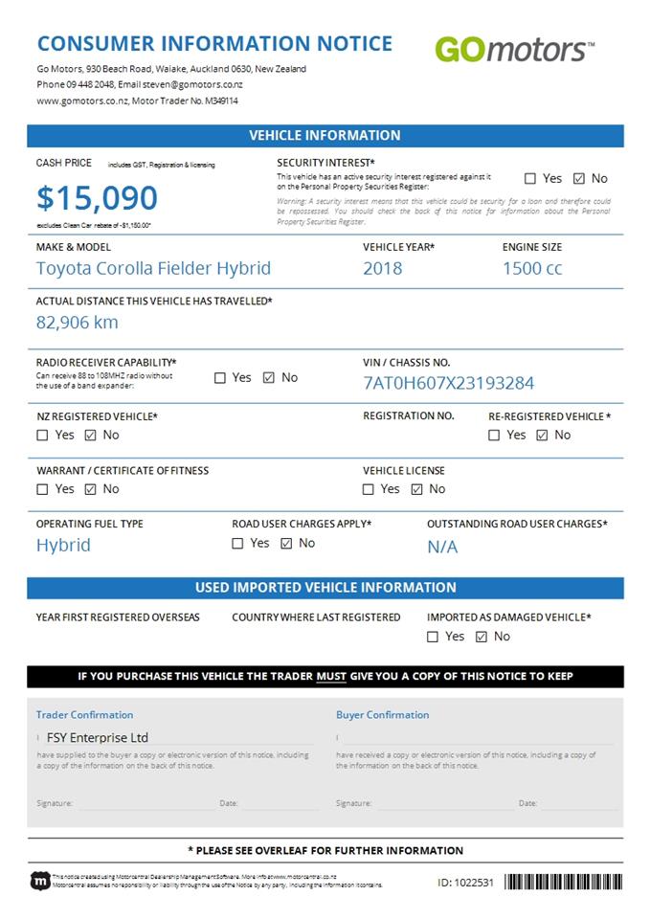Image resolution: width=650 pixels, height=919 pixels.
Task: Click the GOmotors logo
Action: tap(514, 49)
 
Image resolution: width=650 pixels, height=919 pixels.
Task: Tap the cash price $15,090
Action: tap(97, 198)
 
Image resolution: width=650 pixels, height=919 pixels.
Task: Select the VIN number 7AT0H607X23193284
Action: tap(449, 383)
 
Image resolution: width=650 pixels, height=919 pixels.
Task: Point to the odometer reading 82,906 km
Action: tap(78, 322)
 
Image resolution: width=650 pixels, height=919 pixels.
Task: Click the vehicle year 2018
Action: tap(382, 268)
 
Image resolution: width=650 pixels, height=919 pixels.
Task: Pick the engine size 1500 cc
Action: tap(532, 268)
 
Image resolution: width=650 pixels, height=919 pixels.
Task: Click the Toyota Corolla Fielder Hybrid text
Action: tap(153, 268)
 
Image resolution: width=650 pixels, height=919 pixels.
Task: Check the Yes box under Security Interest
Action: tap(530, 178)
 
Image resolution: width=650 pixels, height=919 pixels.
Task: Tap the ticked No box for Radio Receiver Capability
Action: tap(268, 378)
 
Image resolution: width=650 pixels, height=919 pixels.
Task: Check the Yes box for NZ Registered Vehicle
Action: tap(42, 436)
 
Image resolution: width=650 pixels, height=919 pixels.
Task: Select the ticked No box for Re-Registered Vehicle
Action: tap(542, 436)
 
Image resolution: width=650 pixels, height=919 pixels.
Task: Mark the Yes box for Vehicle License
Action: tap(369, 489)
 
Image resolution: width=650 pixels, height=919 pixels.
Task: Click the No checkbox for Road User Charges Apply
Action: tap(286, 544)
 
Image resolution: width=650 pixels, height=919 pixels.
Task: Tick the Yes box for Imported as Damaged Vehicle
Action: tap(433, 637)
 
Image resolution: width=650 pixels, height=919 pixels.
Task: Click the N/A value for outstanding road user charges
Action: tap(442, 547)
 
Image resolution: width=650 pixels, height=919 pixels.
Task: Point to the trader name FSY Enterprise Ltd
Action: tap(98, 738)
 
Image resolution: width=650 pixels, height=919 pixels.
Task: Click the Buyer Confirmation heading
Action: tap(382, 715)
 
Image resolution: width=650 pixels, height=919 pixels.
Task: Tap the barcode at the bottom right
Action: tap(563, 882)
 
